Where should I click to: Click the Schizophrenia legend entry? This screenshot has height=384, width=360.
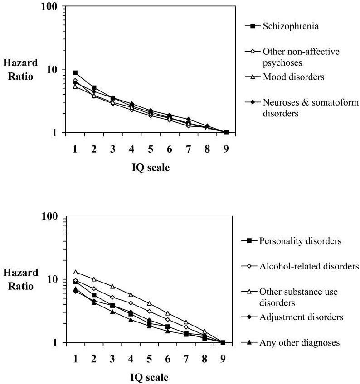coord(290,26)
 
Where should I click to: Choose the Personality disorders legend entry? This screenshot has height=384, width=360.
coord(300,241)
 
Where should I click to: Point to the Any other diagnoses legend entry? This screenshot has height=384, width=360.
coord(299,342)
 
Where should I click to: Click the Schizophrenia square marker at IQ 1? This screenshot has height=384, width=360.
coord(75,73)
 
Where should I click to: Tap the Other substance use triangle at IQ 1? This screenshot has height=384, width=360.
coord(75,272)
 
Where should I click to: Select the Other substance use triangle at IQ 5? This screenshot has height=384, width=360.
coord(149,303)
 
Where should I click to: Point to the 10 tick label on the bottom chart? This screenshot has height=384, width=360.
coord(56,279)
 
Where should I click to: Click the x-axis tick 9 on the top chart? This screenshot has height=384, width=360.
coord(226,149)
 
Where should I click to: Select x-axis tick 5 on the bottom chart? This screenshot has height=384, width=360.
coord(149,359)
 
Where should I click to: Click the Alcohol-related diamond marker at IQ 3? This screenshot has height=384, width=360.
coord(112,297)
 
